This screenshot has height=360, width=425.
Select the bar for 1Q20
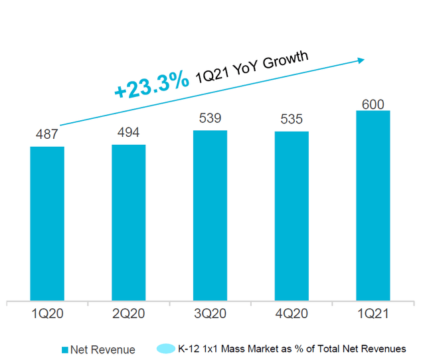[47, 224]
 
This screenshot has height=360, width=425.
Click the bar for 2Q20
[129, 223]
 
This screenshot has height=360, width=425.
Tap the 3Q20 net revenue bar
[210, 215]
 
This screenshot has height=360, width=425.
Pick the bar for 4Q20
[292, 216]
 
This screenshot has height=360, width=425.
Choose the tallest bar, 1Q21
[373, 205]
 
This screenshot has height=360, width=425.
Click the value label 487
[47, 134]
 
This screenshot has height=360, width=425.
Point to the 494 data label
[128, 132]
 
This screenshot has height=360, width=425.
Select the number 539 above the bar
[210, 118]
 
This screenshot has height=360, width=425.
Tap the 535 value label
[292, 119]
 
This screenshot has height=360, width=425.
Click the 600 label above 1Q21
[373, 104]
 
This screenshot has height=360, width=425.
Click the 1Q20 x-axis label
[47, 314]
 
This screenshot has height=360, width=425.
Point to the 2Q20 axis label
[129, 314]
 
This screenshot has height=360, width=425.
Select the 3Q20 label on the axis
[210, 314]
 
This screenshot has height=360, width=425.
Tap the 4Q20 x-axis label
[292, 314]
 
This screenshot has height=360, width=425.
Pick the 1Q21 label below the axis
[373, 314]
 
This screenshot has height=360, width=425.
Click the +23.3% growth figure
[152, 84]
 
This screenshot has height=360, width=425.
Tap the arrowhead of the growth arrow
[361, 60]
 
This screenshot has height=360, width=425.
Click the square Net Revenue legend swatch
[65, 350]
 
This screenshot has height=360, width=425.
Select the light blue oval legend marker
[166, 349]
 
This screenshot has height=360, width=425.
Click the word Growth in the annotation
[286, 59]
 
